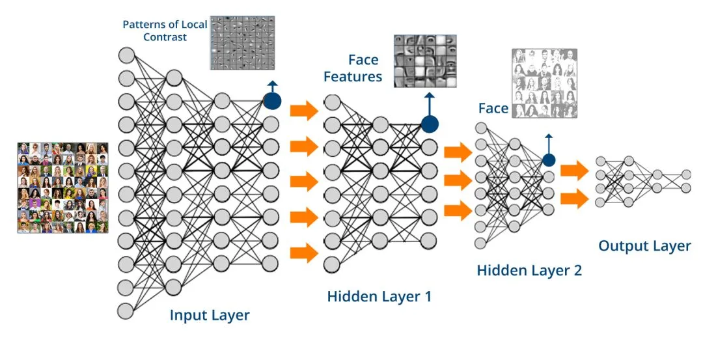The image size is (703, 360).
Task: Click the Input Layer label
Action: coord(210,315)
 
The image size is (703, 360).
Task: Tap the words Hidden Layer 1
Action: coord(379,296)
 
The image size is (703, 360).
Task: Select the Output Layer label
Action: coord(644,245)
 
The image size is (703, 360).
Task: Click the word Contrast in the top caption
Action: coord(165,37)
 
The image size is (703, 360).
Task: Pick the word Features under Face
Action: coord(353,76)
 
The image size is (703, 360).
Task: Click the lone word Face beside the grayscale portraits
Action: coord(493,109)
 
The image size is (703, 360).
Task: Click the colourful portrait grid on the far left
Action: coord(62,188)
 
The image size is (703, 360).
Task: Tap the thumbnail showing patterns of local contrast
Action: coord(243,43)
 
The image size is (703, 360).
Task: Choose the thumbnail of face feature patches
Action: coord(425,61)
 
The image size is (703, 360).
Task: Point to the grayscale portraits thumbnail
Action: coord(544,84)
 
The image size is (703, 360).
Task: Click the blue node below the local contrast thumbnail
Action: coord(272,101)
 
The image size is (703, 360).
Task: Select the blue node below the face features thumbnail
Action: coord(430,124)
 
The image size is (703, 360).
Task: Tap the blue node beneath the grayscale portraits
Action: coord(549,160)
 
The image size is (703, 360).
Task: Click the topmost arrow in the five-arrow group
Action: coord(305,110)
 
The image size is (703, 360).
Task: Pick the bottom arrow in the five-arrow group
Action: coord(305,253)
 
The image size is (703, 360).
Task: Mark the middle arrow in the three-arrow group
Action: coord(458,181)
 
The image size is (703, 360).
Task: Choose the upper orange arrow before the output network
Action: coord(575,171)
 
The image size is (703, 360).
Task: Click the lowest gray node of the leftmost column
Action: coord(126,311)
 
